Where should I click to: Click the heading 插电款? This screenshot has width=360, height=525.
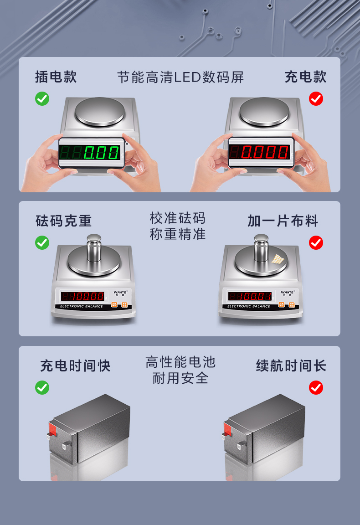[x=56, y=77]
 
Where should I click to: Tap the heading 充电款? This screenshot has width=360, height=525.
[x=305, y=77]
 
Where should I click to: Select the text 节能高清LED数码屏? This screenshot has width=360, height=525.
[x=180, y=77]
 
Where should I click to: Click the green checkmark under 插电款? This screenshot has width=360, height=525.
[x=42, y=98]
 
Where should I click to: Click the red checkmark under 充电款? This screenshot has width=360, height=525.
[x=316, y=98]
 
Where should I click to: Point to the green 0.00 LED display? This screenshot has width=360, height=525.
[x=92, y=153]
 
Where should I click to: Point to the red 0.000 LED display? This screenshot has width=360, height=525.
[x=260, y=152]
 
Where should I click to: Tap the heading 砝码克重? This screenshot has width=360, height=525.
[x=64, y=221]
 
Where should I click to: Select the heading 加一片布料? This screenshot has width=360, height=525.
[x=283, y=221]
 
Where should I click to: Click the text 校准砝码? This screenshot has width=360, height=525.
[x=178, y=218]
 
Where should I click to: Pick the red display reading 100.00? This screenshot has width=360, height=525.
[x=83, y=296]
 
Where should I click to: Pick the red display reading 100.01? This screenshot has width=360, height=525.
[x=250, y=296]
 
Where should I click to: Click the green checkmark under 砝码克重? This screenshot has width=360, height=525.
[x=42, y=242]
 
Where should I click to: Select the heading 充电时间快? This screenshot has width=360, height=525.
[x=75, y=365]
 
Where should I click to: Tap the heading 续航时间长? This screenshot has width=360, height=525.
[x=291, y=365]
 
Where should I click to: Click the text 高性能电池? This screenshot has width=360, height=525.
[x=180, y=362]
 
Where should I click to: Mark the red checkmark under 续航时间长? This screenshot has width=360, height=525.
[x=316, y=387]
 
